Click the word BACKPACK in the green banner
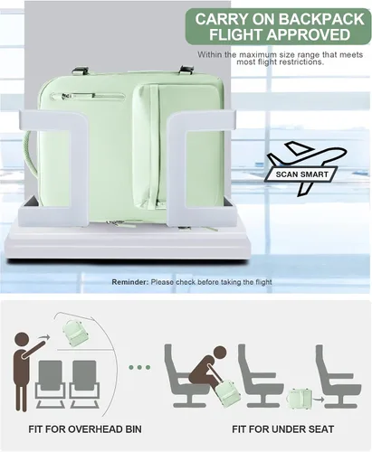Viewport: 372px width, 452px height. click(x=321, y=19)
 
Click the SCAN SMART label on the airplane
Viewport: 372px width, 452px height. click(x=301, y=174)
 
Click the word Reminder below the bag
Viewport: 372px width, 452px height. click(x=130, y=282)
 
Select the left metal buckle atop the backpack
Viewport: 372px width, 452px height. click(x=80, y=71)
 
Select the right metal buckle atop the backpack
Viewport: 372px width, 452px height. click(x=187, y=70)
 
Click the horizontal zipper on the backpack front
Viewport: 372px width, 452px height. click(x=88, y=96)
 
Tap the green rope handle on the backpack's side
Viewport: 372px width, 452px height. click(x=30, y=154)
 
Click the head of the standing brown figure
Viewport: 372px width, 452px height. click(x=22, y=340)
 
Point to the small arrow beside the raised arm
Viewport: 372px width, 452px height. click(x=44, y=336)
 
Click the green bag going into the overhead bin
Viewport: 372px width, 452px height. click(x=75, y=334)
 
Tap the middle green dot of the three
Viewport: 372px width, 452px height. click(x=139, y=367)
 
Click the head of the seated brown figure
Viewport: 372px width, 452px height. click(x=219, y=353)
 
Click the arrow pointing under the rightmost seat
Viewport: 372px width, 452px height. click(x=319, y=400)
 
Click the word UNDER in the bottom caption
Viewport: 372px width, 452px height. click(x=289, y=429)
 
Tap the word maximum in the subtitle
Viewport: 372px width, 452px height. click(x=258, y=55)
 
